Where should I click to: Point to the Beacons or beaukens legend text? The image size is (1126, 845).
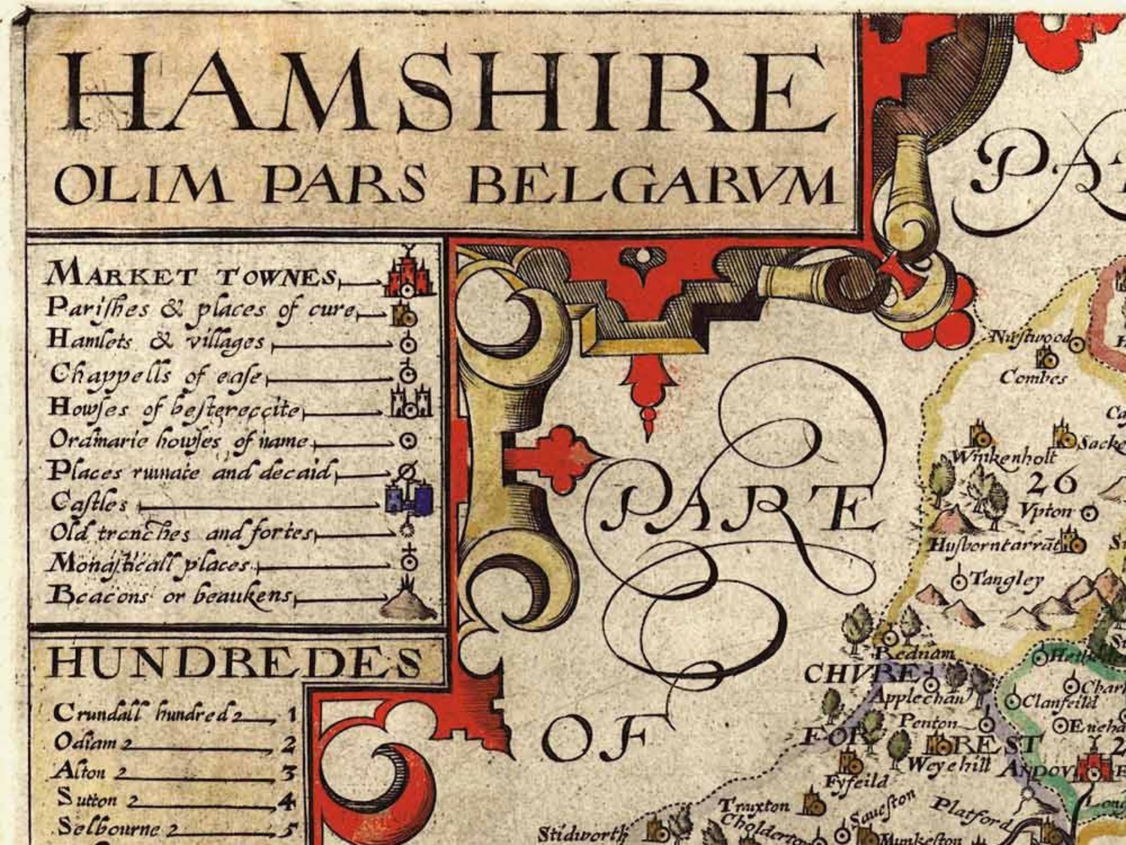click(x=170, y=595)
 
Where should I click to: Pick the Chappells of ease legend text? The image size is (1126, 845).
click(x=156, y=374)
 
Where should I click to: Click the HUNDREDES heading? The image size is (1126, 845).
click(x=234, y=663)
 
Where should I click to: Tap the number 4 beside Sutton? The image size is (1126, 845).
click(x=287, y=802)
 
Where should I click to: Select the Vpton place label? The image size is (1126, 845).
click(x=1048, y=511)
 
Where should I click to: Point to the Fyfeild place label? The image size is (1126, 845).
click(x=856, y=782)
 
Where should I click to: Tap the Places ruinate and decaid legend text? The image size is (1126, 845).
click(x=190, y=471)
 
